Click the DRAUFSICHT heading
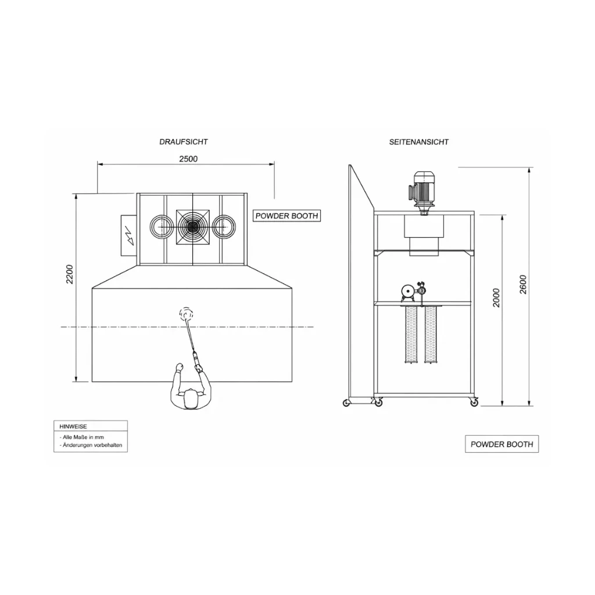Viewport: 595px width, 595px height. pos(183,142)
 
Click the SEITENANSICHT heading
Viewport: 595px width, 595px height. pos(418,142)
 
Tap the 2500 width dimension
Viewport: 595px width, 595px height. pos(188,159)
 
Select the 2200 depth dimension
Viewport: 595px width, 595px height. pos(70,274)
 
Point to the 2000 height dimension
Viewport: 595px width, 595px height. pos(496,298)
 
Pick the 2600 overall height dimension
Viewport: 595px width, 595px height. pos(524,284)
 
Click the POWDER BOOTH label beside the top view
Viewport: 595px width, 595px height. pos(286,216)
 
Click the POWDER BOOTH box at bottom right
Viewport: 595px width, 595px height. pos(501,444)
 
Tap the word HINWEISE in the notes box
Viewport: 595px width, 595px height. pos(73,426)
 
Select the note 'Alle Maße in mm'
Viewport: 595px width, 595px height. pos(81,437)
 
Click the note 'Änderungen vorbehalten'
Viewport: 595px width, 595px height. pos(91,445)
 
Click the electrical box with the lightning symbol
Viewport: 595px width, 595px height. pos(128,235)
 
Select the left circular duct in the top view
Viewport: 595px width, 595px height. pos(162,227)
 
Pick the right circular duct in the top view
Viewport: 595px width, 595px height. pos(224,227)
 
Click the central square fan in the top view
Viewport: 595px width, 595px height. pos(193,227)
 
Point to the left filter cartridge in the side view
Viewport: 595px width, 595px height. pos(411,334)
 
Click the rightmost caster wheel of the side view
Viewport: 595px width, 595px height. pos(474,403)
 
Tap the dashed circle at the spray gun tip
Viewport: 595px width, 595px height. pos(186,313)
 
